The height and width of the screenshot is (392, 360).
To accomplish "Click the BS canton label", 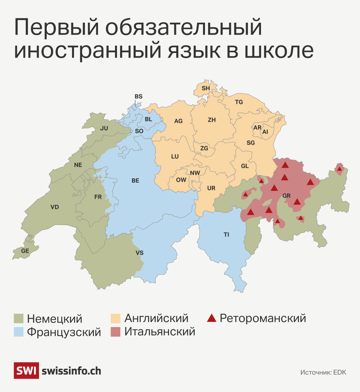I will coord(138,97).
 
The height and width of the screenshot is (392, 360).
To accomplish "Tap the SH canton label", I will coord(206,88).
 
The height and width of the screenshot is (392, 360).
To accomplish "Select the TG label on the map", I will coord(239,102).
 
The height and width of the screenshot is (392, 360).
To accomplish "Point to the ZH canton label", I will coord(212,120).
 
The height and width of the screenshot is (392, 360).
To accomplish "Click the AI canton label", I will coord(265,132).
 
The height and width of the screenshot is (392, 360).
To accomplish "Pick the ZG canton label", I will coord(204,148).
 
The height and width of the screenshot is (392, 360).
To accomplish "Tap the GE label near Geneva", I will coord(25,251).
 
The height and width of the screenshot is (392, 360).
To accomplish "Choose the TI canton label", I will coord(226,235).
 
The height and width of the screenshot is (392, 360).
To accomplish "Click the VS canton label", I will coord(139,253).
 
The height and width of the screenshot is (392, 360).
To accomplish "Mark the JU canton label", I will coord(104,128).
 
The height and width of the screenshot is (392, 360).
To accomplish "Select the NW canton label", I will coord(195,173).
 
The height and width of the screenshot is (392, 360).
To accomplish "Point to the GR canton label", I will coord(286,196).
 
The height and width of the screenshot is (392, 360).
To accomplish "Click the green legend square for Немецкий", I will coord(19,318).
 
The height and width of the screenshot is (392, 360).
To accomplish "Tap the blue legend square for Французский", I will coord(19,332).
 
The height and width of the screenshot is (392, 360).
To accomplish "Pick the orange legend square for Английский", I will coord(115,318).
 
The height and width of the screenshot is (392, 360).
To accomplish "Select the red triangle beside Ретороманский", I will coord(212,318).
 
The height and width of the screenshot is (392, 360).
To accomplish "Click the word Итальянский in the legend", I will coord(160,332).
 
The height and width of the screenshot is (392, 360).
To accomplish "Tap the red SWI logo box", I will coord(26,370).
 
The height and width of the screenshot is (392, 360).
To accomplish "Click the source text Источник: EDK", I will coord(323,372).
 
